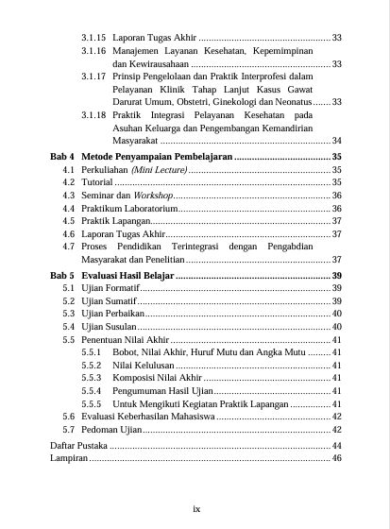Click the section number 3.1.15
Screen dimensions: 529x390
[93, 37]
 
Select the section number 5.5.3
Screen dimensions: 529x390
[92, 378]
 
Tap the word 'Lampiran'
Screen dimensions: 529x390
[68, 457]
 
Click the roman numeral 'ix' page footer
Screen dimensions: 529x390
[195, 509]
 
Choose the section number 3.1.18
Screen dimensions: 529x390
[93, 115]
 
